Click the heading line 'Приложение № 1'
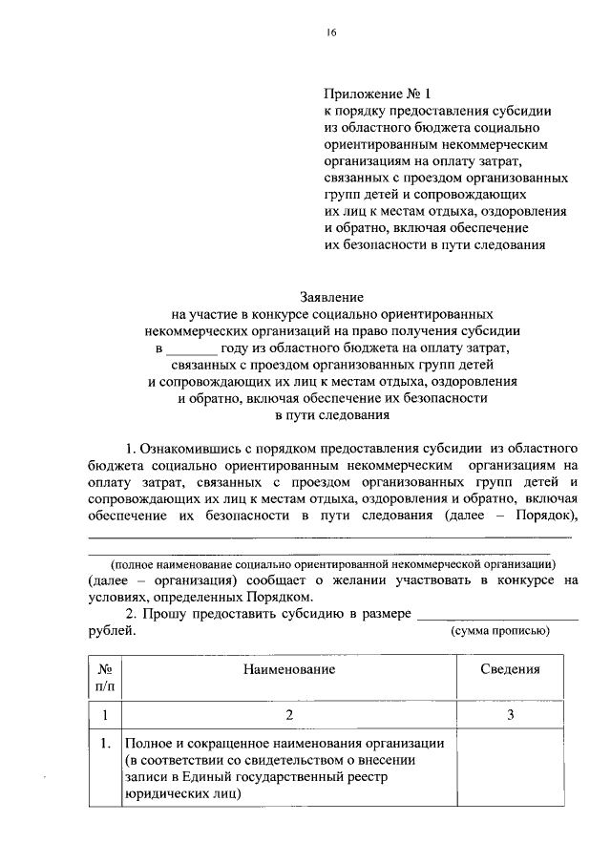click(x=378, y=95)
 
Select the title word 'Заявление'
click(x=332, y=298)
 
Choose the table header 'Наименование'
click(x=287, y=671)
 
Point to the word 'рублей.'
click(x=112, y=630)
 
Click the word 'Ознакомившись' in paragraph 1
click(x=186, y=448)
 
